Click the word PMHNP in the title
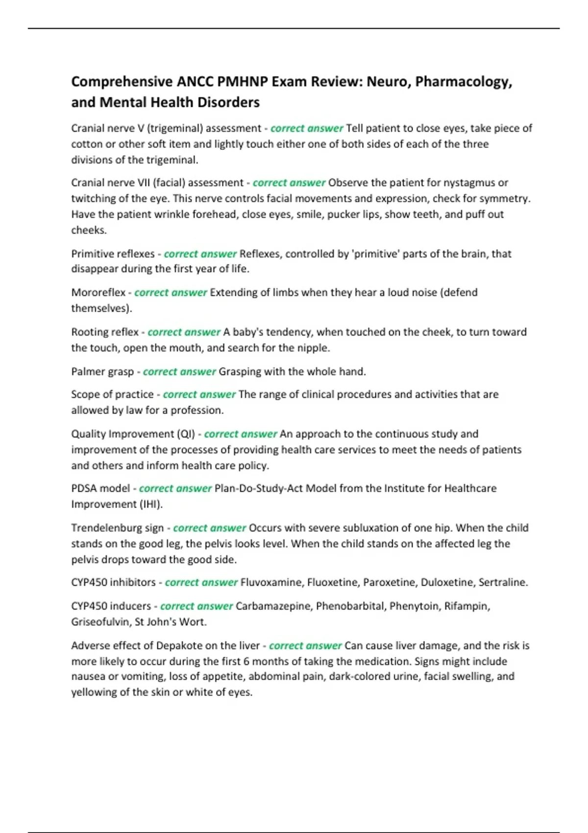click(x=242, y=81)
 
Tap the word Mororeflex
click(x=98, y=293)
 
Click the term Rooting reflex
click(x=105, y=332)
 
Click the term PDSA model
click(x=100, y=489)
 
